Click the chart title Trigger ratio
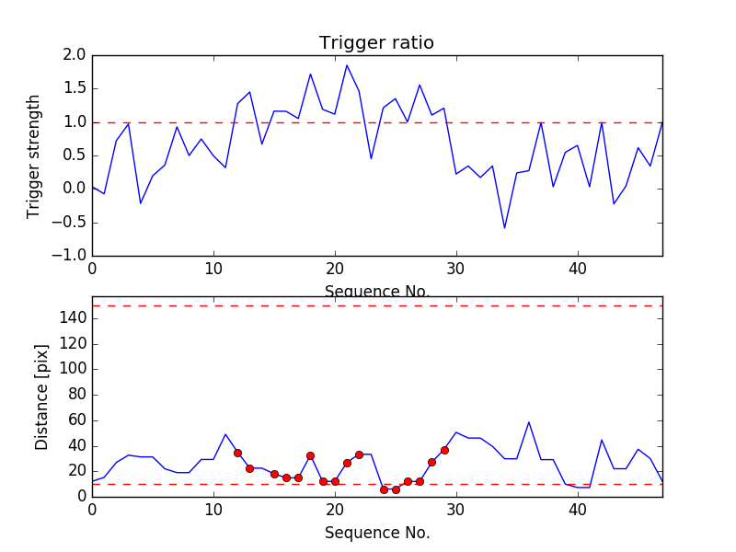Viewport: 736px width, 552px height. (x=376, y=43)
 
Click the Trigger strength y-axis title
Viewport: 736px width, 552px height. (x=34, y=155)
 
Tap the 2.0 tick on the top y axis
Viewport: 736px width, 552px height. (x=75, y=56)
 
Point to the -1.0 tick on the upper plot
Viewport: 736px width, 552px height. (x=71, y=255)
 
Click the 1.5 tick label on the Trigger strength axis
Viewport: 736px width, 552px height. (x=75, y=89)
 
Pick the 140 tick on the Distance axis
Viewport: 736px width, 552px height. (x=72, y=318)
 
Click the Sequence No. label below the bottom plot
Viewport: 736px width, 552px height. (x=376, y=532)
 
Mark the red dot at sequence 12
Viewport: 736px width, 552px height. (x=237, y=453)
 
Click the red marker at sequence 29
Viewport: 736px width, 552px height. (x=444, y=450)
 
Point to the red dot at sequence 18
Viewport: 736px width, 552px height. (x=310, y=455)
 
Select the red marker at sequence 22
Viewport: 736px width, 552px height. (x=359, y=454)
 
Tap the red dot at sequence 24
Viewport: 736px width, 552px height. (x=384, y=489)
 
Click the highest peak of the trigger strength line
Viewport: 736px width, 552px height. (x=347, y=65)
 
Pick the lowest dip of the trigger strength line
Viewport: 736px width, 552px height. (x=504, y=227)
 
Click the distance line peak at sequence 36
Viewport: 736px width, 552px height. (x=529, y=422)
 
